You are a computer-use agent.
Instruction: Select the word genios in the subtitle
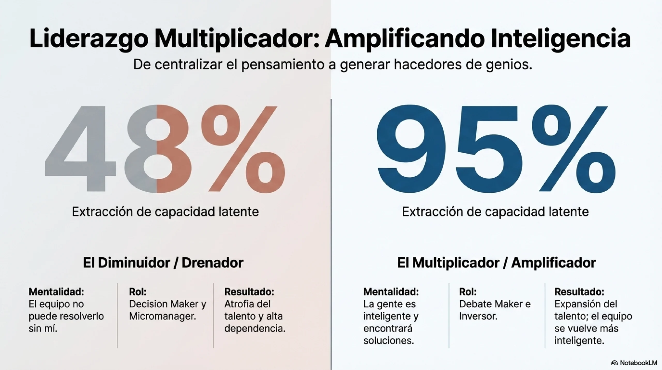509,65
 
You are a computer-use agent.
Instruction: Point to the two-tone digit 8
158,149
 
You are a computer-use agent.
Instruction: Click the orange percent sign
243,149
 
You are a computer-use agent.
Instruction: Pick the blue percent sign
574,149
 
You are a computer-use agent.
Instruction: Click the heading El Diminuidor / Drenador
163,263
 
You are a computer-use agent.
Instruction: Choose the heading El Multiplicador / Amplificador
496,263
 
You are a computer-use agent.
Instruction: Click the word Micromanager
162,316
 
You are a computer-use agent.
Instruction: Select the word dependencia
255,329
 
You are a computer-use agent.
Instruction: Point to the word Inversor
478,316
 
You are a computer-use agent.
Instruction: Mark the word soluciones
388,341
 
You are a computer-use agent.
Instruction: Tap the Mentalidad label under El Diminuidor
56,292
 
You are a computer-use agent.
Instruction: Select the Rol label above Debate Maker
468,292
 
